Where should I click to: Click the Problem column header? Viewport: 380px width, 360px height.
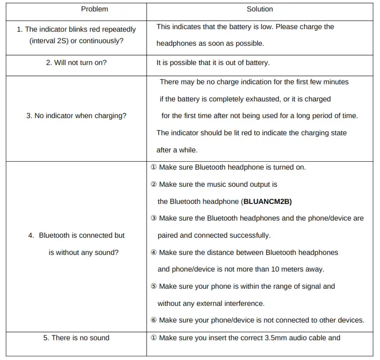95,9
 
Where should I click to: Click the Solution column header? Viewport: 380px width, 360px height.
259,9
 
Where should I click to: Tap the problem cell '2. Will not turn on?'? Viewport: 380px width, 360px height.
76,62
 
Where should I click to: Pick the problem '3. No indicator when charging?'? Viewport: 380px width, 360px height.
76,115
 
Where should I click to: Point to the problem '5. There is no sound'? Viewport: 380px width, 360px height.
76,338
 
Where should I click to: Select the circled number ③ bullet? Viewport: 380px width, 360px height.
153,218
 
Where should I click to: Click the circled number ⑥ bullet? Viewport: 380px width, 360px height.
153,320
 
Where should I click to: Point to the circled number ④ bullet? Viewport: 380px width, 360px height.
153,253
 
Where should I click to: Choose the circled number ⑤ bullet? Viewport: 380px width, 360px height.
153,287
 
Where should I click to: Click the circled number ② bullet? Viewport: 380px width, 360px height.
153,185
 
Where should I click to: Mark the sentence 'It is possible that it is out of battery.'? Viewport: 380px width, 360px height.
213,62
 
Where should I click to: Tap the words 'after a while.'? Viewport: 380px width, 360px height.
177,150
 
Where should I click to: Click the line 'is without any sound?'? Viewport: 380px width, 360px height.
83,252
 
